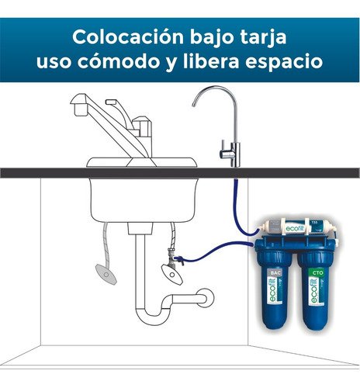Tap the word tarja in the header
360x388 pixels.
[x=262, y=36]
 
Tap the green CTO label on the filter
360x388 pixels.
[x=317, y=274]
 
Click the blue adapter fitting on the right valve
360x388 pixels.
[x=180, y=260]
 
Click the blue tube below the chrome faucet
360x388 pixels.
[x=233, y=194]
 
